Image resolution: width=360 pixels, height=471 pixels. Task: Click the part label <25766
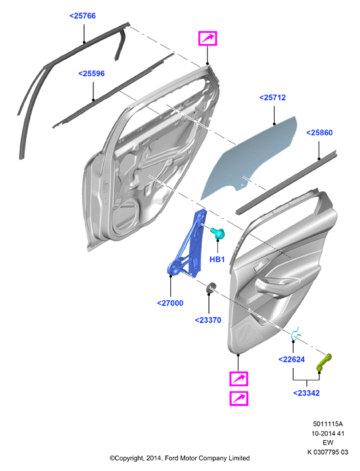[82, 16]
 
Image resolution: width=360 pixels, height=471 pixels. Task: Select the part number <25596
[91, 74]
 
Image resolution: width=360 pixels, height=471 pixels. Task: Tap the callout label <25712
[272, 98]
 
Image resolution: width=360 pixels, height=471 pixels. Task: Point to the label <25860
[319, 133]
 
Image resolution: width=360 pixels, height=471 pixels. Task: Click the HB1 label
[217, 259]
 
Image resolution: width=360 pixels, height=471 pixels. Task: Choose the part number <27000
[170, 303]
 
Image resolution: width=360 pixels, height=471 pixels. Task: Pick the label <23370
[208, 320]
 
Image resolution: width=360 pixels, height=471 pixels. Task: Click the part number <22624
[292, 359]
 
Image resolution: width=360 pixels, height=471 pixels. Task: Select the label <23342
[306, 393]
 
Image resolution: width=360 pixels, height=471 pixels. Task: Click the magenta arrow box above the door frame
[208, 39]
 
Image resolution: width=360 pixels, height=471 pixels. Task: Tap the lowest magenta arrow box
[239, 399]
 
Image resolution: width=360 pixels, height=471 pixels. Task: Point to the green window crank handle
[325, 362]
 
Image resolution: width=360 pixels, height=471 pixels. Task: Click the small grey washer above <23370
[211, 288]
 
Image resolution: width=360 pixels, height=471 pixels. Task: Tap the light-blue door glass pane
[250, 158]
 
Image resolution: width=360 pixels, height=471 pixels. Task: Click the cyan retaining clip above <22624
[296, 334]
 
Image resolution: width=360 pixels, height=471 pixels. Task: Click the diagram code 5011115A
[328, 424]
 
